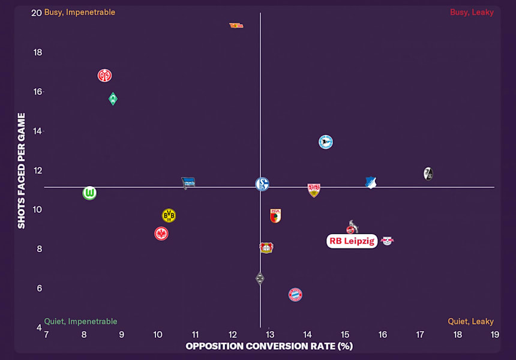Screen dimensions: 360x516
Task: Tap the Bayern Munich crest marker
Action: click(x=295, y=294)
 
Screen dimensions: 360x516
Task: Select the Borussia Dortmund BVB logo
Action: click(x=169, y=215)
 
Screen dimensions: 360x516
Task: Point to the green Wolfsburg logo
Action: click(x=89, y=193)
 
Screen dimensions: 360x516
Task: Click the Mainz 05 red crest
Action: click(x=104, y=76)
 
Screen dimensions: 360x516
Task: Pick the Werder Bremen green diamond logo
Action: click(x=113, y=99)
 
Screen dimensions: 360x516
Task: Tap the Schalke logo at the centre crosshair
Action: click(x=262, y=184)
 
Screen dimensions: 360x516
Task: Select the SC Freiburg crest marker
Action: click(x=428, y=173)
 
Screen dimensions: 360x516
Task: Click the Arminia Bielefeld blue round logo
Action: click(x=326, y=142)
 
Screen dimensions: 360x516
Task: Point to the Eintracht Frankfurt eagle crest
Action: click(x=161, y=233)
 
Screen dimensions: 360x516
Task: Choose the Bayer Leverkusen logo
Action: click(x=266, y=248)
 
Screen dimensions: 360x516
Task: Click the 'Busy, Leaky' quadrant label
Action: click(x=472, y=12)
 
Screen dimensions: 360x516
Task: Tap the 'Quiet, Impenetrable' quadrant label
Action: click(x=80, y=322)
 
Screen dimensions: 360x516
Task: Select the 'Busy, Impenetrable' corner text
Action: click(x=80, y=12)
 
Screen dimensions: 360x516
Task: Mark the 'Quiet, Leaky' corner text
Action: click(x=470, y=322)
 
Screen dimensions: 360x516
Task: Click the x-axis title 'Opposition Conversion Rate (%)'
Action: click(x=269, y=346)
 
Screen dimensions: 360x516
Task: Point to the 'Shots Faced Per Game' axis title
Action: click(x=22, y=170)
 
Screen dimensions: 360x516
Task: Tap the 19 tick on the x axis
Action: click(x=495, y=334)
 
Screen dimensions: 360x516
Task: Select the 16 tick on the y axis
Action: click(x=38, y=92)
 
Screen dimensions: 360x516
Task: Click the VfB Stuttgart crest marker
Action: click(x=314, y=190)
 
